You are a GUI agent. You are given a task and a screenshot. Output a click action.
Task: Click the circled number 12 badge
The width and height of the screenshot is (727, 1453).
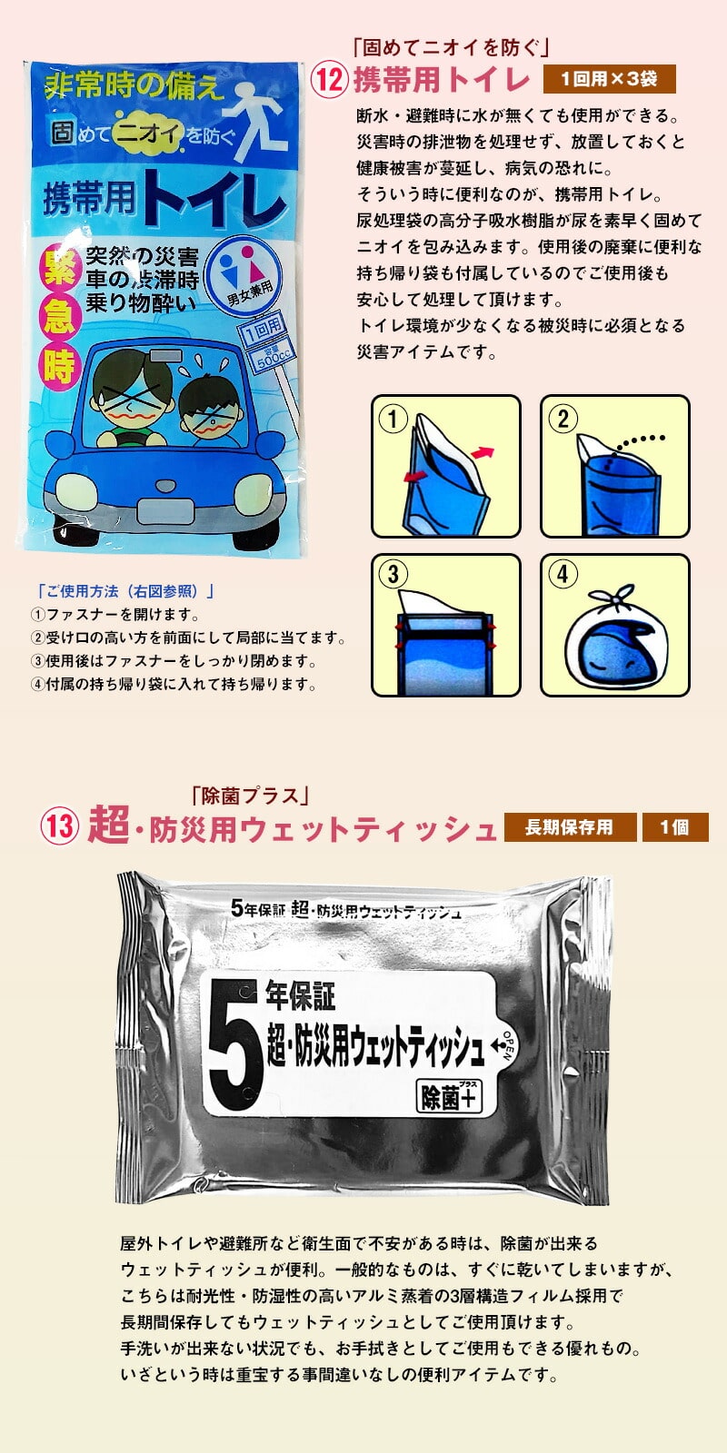click(329, 80)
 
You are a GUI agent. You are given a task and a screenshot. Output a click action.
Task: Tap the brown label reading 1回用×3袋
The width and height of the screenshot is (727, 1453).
click(609, 79)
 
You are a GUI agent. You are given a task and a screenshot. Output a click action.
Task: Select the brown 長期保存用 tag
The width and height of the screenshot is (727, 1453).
click(570, 827)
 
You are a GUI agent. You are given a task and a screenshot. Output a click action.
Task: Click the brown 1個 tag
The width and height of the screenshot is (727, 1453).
click(675, 827)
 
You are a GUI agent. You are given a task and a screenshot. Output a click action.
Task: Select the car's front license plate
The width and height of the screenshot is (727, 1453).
click(164, 512)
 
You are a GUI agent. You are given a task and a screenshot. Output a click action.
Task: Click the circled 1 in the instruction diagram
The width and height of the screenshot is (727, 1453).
click(393, 419)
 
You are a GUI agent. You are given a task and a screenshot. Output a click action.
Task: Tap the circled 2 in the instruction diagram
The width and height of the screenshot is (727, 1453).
click(563, 419)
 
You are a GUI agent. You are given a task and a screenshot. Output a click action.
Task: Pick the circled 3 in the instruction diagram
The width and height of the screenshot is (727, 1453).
click(393, 573)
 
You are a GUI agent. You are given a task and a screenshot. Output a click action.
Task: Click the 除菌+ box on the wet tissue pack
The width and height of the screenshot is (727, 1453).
click(449, 1096)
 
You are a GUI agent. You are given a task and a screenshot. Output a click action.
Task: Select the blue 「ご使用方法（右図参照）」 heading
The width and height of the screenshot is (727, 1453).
click(125, 591)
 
